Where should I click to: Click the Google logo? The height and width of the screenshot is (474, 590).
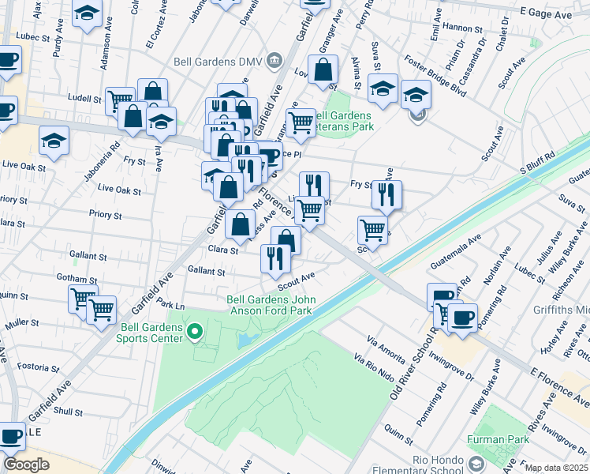coord(25,465)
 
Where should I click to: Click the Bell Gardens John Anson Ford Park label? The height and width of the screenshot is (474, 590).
coord(270,305)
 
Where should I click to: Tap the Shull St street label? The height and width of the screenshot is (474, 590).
coord(69,412)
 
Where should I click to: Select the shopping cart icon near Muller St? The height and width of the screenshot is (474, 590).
coord(101,309)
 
